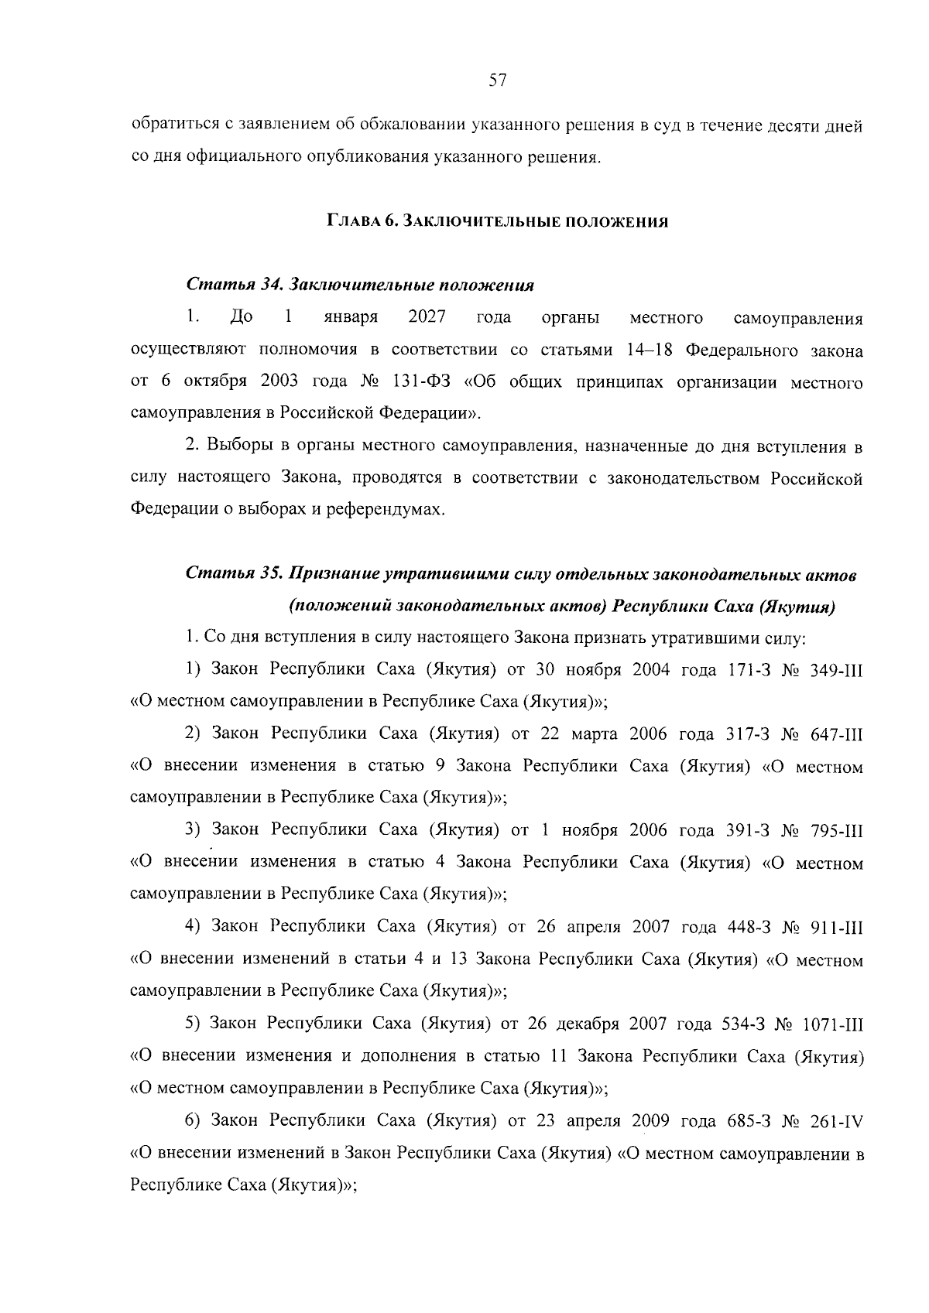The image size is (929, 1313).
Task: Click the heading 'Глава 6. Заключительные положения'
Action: pyautogui.click(x=496, y=222)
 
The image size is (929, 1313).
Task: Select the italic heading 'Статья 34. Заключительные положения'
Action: pyautogui.click(x=360, y=285)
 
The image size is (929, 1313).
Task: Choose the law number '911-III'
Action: pyautogui.click(x=835, y=927)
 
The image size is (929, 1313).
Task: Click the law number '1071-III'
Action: pyautogui.click(x=831, y=1024)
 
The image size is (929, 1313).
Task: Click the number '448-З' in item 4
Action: pyautogui.click(x=747, y=927)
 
